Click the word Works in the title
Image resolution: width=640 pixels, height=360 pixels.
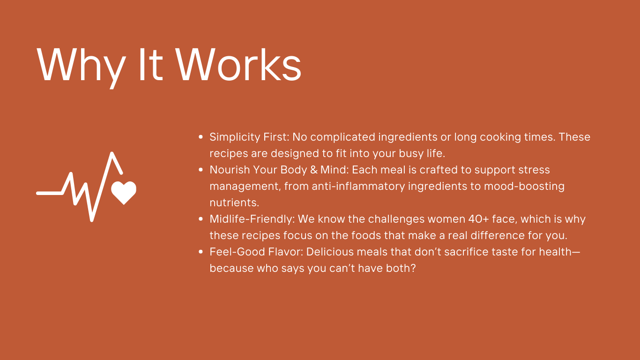tap(238, 64)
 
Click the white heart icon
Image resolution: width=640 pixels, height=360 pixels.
tap(124, 193)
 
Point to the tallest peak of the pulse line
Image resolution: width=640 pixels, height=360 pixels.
tap(112, 154)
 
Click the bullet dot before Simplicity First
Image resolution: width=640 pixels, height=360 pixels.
tap(201, 137)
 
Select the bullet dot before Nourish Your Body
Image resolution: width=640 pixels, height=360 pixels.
tap(201, 170)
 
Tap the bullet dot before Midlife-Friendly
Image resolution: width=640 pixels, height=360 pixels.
tap(201, 219)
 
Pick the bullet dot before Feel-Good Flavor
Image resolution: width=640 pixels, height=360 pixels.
tap(201, 252)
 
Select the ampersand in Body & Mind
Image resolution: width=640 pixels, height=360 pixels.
tap(314, 170)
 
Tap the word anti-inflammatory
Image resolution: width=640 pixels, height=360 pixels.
tap(358, 187)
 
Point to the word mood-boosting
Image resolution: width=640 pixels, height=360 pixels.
tap(524, 187)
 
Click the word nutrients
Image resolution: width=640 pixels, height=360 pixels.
tap(234, 202)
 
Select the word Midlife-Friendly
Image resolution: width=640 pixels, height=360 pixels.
tap(252, 219)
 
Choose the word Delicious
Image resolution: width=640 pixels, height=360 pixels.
tap(330, 252)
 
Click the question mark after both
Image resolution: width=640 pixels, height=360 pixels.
tap(413, 268)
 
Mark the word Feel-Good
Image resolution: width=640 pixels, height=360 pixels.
tap(233, 252)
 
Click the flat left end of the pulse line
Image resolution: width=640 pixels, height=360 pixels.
tap(37, 193)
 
